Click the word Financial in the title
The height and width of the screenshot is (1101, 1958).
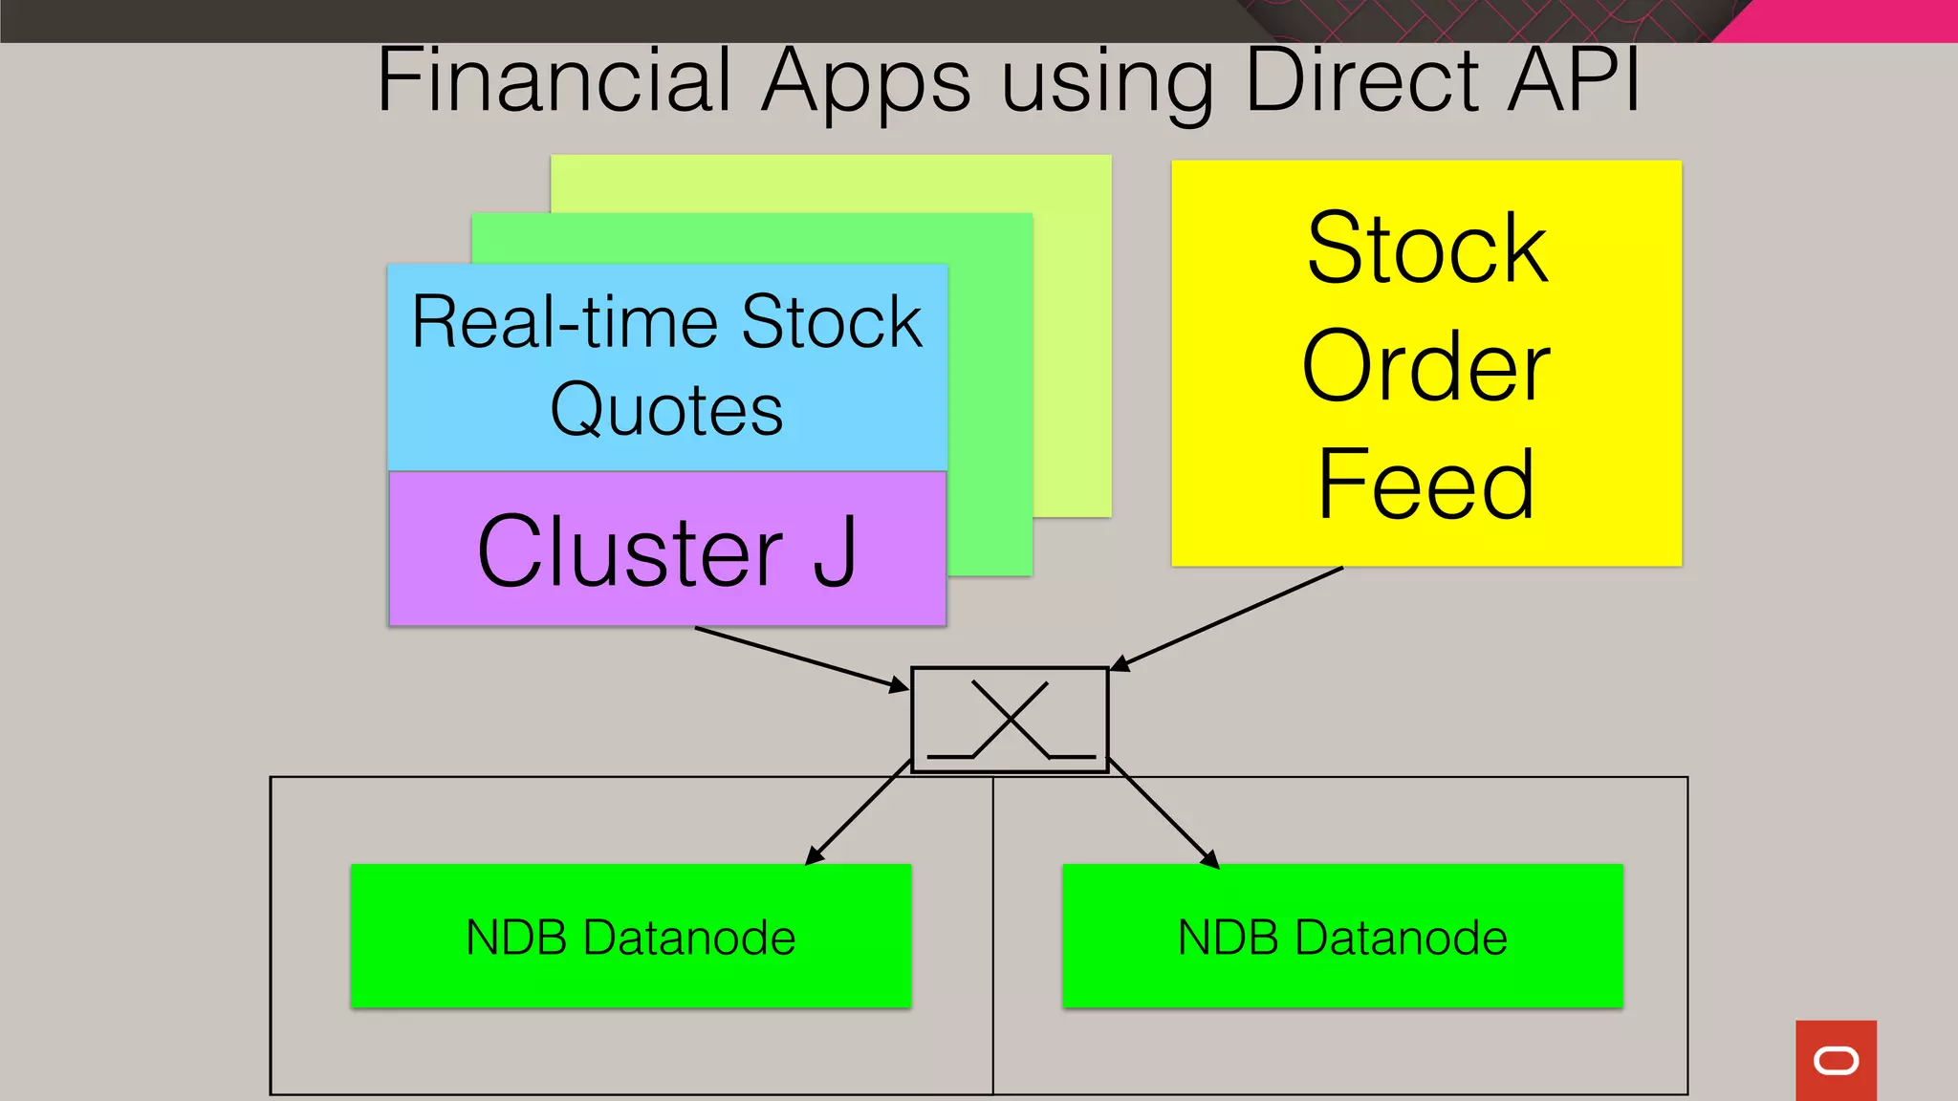[555, 81]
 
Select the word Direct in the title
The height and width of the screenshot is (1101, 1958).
[1362, 81]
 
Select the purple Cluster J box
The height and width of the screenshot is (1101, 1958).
[667, 550]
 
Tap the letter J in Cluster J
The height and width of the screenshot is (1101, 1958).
[835, 551]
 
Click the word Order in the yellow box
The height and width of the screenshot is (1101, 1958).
[1425, 366]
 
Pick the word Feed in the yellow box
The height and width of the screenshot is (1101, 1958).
[1425, 485]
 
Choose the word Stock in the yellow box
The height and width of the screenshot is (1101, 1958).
[1425, 248]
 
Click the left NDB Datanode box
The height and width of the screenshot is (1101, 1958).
[631, 936]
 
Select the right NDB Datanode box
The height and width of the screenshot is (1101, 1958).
[1342, 936]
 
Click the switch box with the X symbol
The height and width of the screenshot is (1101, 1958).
[1010, 719]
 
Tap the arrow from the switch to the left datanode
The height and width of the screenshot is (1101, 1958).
[858, 812]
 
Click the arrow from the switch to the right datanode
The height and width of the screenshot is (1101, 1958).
[1164, 813]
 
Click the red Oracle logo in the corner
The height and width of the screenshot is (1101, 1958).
[1836, 1060]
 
